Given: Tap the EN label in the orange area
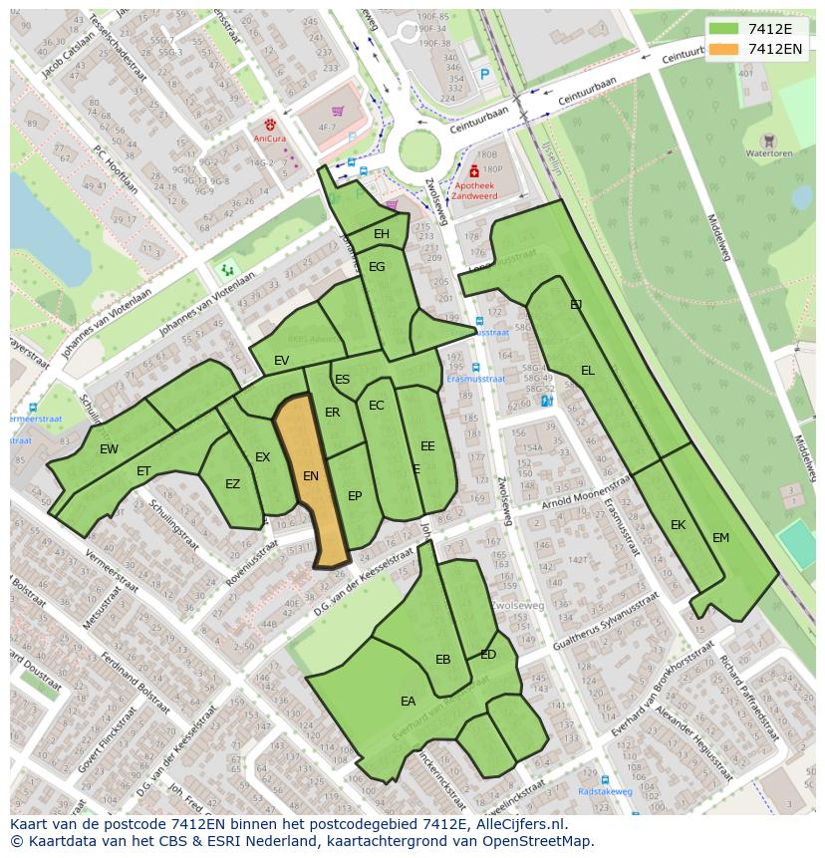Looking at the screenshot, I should tap(311, 476).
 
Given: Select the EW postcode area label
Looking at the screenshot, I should tap(109, 449).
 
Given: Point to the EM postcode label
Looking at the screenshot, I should tap(720, 538).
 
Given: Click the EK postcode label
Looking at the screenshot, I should tap(678, 525).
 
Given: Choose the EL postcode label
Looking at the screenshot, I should tap(588, 371).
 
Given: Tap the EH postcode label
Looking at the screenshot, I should tap(382, 234).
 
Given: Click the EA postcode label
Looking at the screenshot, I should tap(408, 702).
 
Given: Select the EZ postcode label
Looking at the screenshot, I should tap(232, 485).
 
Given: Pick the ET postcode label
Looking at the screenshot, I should tap(143, 471).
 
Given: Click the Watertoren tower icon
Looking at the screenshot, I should tap(767, 142).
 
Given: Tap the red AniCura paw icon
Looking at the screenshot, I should tap(269, 127).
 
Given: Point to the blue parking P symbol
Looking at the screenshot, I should tap(485, 74).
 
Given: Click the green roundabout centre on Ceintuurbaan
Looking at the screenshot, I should tap(419, 151).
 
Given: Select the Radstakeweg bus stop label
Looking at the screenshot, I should tap(605, 791).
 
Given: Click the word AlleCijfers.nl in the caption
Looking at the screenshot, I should tap(518, 824).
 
